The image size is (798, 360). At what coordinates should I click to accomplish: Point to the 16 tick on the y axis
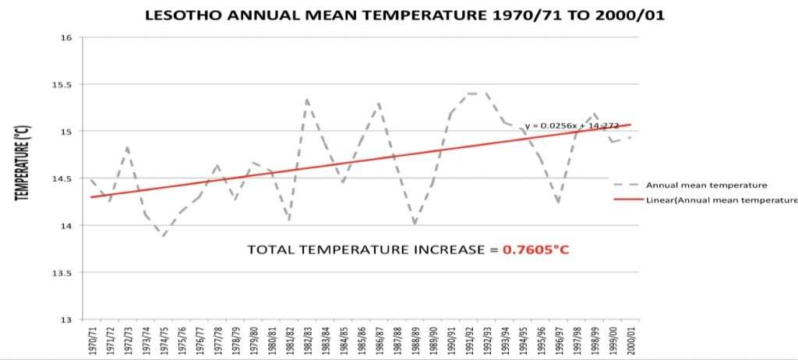pos(68,37)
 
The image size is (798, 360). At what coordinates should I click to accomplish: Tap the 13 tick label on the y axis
pos(68,319)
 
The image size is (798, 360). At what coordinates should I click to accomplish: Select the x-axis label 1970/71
pos(92,340)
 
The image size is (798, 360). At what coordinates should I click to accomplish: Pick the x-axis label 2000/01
pos(630,340)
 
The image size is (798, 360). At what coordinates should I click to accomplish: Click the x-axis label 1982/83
pos(307,340)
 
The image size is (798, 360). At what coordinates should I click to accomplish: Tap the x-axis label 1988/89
pos(415,340)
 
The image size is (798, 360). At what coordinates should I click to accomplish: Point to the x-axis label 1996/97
pos(559,340)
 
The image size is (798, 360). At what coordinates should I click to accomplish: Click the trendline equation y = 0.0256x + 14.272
pos(571,125)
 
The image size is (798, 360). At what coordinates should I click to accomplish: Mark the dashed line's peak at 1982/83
pos(307,99)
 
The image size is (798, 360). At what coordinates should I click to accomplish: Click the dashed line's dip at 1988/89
pos(415,224)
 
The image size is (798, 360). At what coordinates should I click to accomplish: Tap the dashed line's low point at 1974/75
pos(164,236)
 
